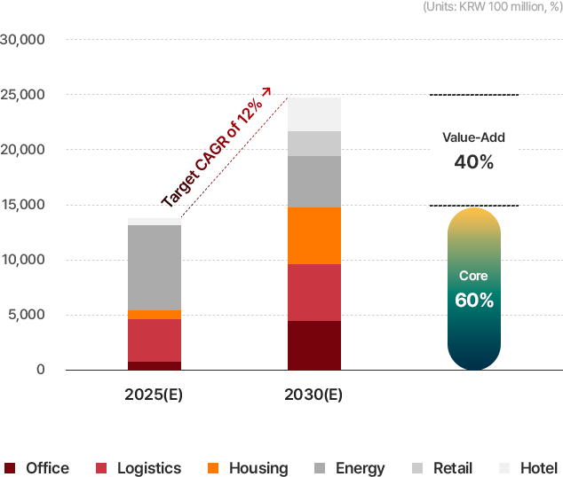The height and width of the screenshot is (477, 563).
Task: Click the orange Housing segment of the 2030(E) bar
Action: [314, 236]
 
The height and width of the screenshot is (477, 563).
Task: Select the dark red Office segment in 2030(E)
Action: [314, 345]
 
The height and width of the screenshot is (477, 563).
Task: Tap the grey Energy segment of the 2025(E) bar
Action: [155, 268]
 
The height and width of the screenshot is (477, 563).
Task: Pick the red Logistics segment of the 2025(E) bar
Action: [155, 340]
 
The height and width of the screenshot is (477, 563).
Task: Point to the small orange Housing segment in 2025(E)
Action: [155, 315]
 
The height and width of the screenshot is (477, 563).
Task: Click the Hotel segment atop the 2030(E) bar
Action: [314, 114]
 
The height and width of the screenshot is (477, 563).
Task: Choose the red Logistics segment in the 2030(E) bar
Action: [314, 293]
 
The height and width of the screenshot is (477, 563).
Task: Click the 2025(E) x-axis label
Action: [154, 395]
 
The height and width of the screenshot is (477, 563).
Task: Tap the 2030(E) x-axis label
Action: [313, 395]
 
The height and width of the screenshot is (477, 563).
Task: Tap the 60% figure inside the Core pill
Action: [473, 300]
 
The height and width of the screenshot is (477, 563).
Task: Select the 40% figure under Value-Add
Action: [473, 162]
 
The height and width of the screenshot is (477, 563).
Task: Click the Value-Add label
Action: [473, 137]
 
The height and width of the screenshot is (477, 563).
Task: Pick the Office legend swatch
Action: [10, 468]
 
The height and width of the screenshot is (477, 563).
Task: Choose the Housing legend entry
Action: [248, 468]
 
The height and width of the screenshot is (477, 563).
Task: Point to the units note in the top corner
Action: [492, 6]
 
